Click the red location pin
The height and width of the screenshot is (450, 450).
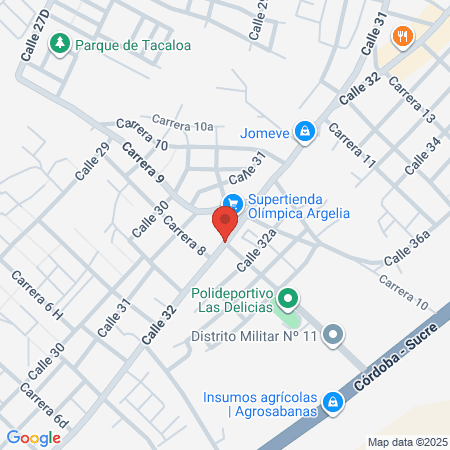[x=227, y=220]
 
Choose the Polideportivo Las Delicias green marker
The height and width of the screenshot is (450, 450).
[x=288, y=297]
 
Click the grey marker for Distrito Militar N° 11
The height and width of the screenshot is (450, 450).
[x=335, y=336]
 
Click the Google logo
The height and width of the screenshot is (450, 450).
[x=33, y=437]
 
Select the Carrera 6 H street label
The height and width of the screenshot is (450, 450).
[x=37, y=297]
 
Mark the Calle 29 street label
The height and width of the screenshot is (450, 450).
[x=90, y=161]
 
